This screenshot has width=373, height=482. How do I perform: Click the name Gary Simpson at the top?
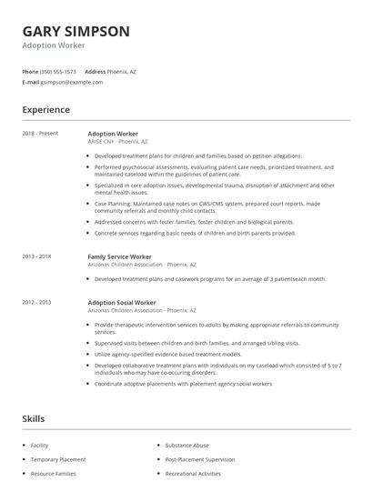tap(76, 31)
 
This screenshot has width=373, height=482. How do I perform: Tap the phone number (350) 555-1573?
tap(58, 71)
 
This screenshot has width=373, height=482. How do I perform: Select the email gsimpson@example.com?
tap(72, 82)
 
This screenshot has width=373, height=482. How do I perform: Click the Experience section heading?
tap(46, 110)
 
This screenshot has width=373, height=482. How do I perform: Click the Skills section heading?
tap(34, 418)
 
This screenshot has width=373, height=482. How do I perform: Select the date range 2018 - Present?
tap(40, 134)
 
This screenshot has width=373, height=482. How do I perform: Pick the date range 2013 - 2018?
tap(37, 256)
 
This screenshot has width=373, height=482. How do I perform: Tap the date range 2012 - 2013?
tap(37, 301)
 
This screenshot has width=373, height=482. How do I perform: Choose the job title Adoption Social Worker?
tap(122, 301)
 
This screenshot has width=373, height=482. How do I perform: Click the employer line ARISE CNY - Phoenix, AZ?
tap(117, 142)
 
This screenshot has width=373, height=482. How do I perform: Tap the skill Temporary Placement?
tap(57, 460)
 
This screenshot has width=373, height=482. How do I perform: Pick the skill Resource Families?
tap(54, 474)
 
